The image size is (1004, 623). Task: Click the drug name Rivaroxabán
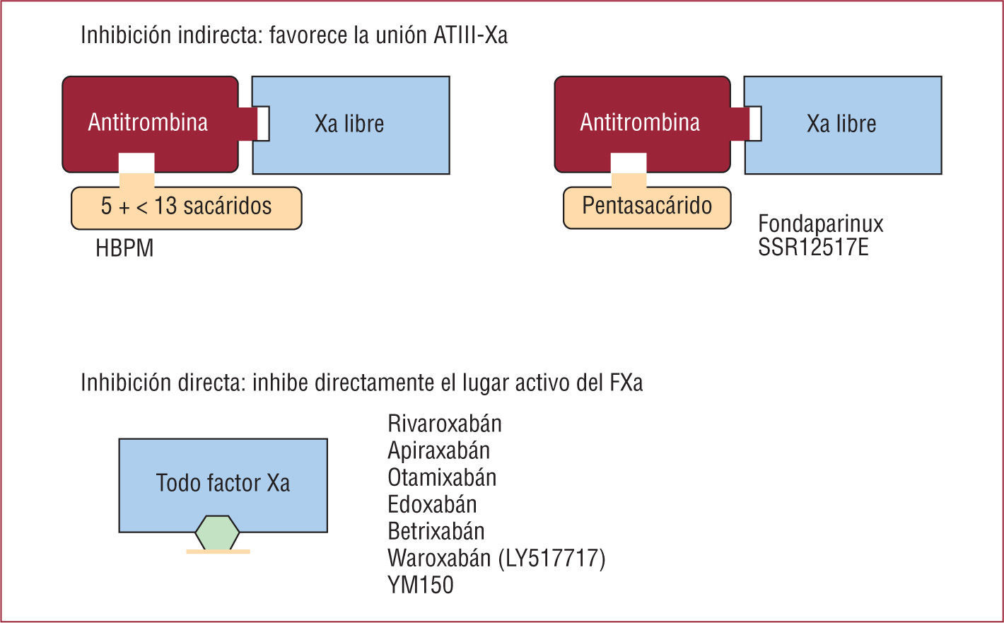pyautogui.click(x=445, y=424)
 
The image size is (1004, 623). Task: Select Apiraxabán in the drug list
pyautogui.click(x=438, y=450)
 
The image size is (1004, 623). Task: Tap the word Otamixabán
pyautogui.click(x=442, y=477)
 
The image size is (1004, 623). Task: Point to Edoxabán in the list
pyautogui.click(x=432, y=504)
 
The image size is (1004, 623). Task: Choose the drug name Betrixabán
pyautogui.click(x=436, y=531)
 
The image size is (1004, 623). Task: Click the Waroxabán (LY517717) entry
pyautogui.click(x=496, y=558)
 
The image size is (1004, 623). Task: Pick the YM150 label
pyautogui.click(x=420, y=585)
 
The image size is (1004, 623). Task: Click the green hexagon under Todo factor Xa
pyautogui.click(x=217, y=532)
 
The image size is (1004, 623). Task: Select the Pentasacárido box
pyautogui.click(x=646, y=206)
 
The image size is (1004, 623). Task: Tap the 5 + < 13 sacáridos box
pyautogui.click(x=186, y=207)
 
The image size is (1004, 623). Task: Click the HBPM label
pyautogui.click(x=124, y=248)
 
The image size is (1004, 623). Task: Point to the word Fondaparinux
pyautogui.click(x=820, y=224)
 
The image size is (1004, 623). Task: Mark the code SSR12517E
pyautogui.click(x=813, y=247)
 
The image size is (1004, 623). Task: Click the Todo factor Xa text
pyautogui.click(x=223, y=483)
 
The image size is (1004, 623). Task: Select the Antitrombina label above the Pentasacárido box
pyautogui.click(x=639, y=122)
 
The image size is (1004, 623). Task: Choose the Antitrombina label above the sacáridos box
pyautogui.click(x=148, y=122)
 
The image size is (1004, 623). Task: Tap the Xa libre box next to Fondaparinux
pyautogui.click(x=841, y=124)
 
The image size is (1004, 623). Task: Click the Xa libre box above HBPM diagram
pyautogui.click(x=349, y=124)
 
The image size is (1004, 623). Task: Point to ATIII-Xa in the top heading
pyautogui.click(x=470, y=35)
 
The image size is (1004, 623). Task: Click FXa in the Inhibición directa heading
pyautogui.click(x=626, y=383)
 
